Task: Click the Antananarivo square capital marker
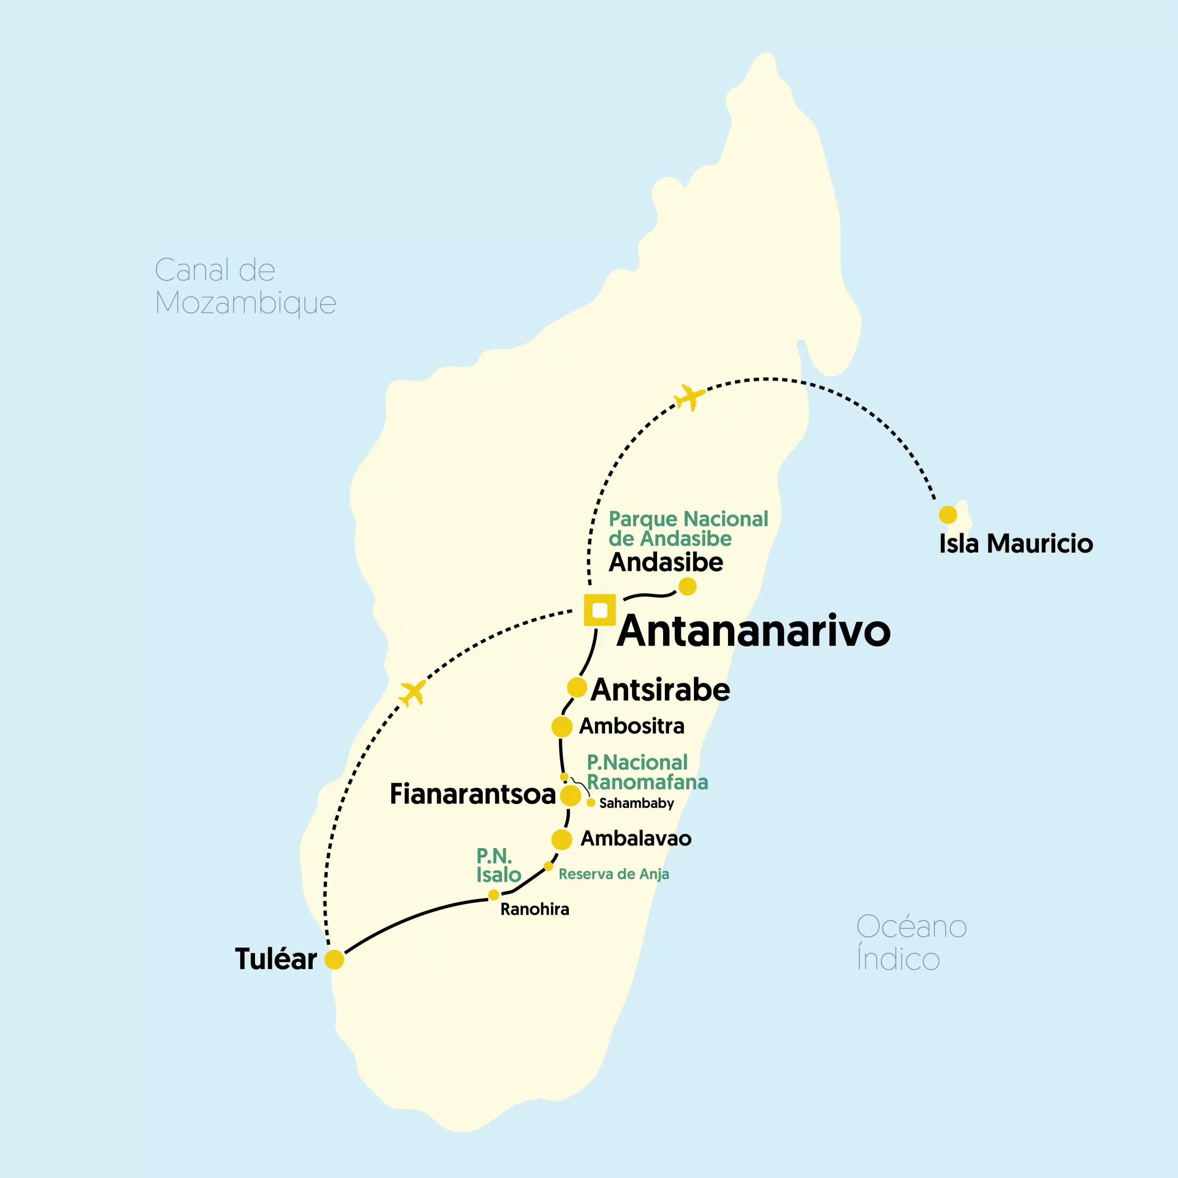click(600, 610)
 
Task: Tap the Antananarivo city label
click(754, 631)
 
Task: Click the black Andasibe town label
click(666, 562)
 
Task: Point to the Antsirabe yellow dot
click(577, 687)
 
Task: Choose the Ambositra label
click(632, 726)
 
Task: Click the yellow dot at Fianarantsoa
click(570, 795)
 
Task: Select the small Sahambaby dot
click(590, 803)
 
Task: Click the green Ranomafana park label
click(647, 772)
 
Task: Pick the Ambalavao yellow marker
click(561, 839)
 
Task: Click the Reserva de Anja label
click(613, 874)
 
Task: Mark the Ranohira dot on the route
click(493, 895)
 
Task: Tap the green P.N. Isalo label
click(498, 865)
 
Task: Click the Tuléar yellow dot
click(334, 959)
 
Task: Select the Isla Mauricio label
click(1016, 544)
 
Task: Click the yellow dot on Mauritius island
click(947, 514)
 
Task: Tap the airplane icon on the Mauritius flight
click(690, 397)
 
